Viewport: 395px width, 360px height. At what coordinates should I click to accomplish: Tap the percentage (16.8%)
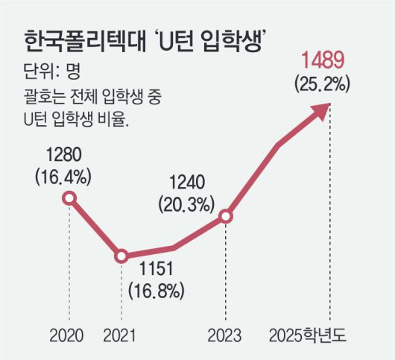pyautogui.click(x=157, y=288)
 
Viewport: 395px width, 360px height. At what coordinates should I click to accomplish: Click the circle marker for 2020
pyautogui.click(x=69, y=198)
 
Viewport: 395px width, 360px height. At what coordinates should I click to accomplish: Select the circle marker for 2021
pyautogui.click(x=121, y=256)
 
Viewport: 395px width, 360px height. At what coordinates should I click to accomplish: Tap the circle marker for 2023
pyautogui.click(x=227, y=217)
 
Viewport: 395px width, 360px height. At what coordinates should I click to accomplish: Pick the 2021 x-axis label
pyautogui.click(x=121, y=333)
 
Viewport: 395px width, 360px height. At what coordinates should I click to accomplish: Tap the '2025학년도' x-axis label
pyautogui.click(x=313, y=333)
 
